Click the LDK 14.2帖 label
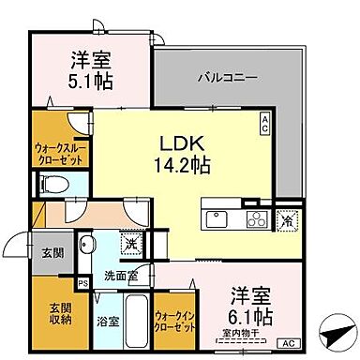(176, 154)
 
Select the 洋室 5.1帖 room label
(92, 69)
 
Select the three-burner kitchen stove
(256, 220)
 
